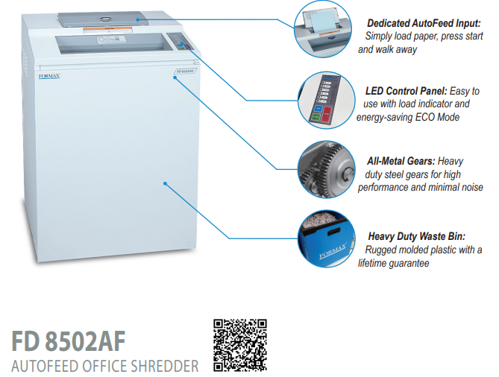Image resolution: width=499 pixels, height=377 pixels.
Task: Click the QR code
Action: (240, 345)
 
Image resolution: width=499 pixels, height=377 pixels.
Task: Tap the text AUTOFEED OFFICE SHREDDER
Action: (104, 366)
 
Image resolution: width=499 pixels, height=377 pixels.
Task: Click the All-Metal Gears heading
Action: (401, 160)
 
